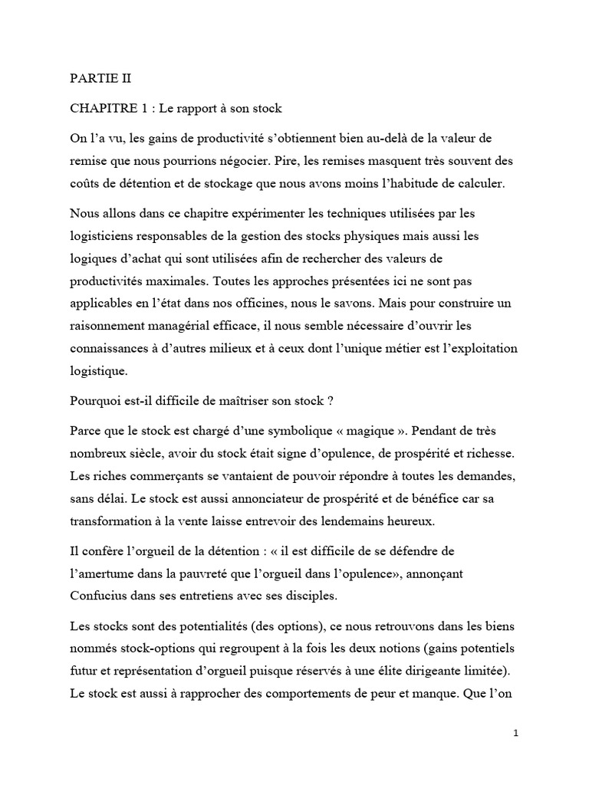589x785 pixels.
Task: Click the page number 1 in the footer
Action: click(516, 733)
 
